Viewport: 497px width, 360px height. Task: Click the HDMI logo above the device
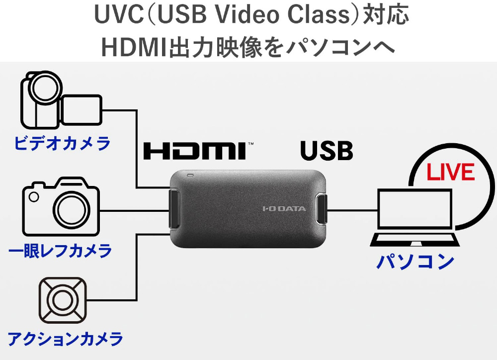click(x=195, y=151)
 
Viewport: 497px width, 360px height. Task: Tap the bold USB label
click(x=327, y=150)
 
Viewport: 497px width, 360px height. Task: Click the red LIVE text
click(x=450, y=172)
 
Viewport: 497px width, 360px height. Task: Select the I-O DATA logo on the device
click(x=284, y=208)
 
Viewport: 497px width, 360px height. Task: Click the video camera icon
click(x=61, y=99)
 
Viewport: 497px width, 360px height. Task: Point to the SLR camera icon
click(x=61, y=207)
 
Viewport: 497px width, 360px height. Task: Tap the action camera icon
click(x=63, y=300)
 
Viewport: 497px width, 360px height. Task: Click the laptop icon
click(x=415, y=218)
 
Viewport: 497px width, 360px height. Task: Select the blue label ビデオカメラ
click(x=62, y=143)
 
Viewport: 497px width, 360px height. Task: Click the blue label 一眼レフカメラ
click(x=60, y=251)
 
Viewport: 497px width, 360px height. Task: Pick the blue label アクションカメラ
click(x=65, y=339)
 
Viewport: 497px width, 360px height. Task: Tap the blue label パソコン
click(x=415, y=262)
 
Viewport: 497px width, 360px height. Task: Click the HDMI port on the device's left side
click(x=174, y=208)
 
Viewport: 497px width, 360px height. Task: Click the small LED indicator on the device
click(x=190, y=175)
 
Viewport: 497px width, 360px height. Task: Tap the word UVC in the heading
click(x=119, y=14)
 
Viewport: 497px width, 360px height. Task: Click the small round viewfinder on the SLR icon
click(x=34, y=196)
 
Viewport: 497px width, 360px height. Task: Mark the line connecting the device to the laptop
click(x=352, y=210)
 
